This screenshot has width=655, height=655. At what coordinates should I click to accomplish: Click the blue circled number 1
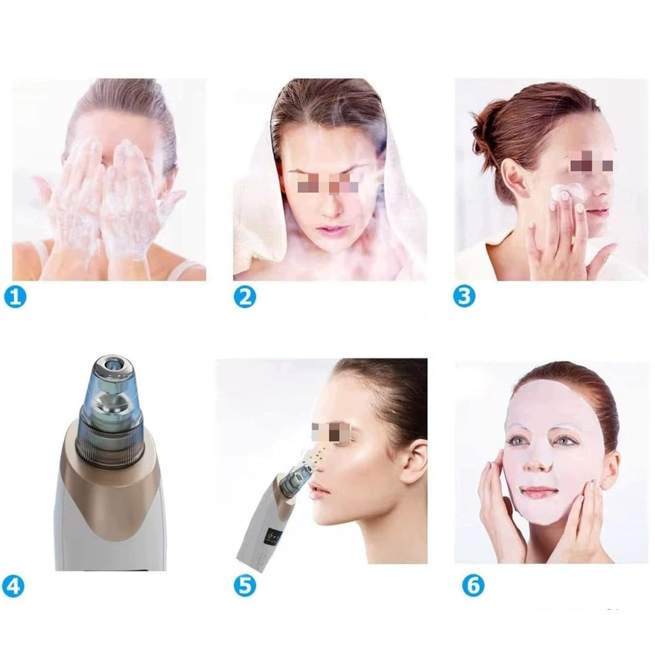click(15, 297)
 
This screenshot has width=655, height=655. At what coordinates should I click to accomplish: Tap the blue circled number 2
click(244, 297)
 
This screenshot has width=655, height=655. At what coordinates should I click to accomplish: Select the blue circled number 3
click(464, 296)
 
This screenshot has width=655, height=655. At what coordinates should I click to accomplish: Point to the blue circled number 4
click(13, 586)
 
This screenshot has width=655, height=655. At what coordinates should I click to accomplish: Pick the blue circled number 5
click(244, 586)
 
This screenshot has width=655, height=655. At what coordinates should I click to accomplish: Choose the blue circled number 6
click(473, 585)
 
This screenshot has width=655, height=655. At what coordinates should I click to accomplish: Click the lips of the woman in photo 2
click(330, 230)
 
